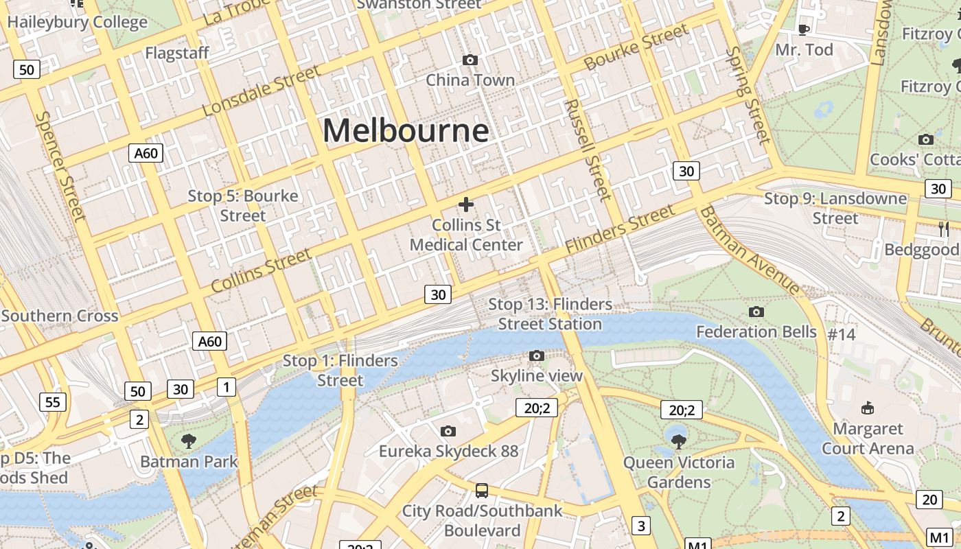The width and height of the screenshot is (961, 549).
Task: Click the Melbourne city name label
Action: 406,130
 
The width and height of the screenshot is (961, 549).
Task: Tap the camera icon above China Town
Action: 470,60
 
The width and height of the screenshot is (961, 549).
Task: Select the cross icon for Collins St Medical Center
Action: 466,205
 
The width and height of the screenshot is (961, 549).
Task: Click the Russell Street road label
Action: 587,150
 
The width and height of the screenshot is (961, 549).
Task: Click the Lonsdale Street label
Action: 262,91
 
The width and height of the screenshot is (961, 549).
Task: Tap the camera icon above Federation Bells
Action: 756,312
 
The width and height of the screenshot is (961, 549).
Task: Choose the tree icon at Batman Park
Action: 188,441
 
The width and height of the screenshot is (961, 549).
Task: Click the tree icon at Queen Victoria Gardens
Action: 678,441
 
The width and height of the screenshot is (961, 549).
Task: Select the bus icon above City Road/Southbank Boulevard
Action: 482,491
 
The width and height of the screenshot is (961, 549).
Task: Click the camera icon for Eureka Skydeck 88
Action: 448,431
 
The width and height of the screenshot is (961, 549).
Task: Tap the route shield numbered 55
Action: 54,401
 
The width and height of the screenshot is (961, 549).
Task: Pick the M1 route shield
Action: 938,537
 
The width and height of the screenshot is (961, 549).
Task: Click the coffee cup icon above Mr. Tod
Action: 804,29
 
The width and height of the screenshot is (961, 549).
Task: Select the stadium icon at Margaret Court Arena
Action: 868,408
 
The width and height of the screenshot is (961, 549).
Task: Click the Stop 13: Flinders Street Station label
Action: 550,314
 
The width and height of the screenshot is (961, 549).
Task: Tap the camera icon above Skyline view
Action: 537,355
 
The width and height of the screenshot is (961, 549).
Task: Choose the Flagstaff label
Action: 177,53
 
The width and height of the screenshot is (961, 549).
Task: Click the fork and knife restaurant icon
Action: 944,229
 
